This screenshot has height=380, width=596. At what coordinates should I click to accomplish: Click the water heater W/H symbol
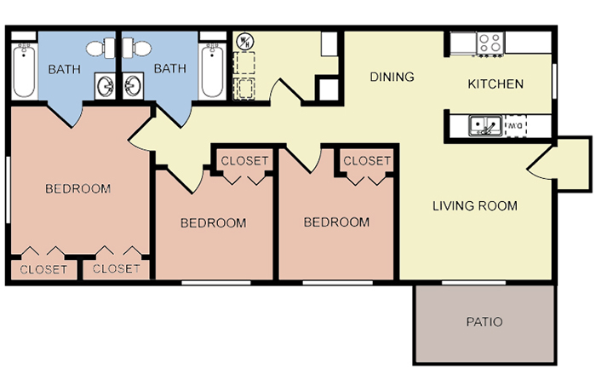coord(244,42)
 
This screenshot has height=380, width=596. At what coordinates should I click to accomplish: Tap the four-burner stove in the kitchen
coord(490,43)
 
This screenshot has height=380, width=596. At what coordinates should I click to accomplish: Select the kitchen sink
coord(484,125)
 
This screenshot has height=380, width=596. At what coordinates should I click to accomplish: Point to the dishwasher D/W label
coord(515,125)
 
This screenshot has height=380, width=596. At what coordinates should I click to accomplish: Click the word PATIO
coord(484,322)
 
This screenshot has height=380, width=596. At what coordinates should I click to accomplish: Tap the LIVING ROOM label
coord(475,206)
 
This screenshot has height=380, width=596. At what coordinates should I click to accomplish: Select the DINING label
coord(392,77)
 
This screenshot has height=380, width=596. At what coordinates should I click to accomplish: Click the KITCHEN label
coord(496,83)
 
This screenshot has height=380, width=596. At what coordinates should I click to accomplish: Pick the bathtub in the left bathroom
coord(24,71)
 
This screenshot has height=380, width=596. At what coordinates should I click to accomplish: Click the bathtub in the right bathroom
coord(212,71)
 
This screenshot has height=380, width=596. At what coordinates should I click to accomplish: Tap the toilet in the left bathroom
coord(100,49)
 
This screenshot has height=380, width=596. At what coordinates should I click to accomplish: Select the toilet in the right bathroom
coord(137,48)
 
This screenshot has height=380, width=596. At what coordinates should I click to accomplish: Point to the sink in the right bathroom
coord(133,86)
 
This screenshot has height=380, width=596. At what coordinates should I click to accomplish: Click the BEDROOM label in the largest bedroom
coord(78,188)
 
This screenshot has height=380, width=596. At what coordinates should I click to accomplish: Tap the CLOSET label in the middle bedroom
coord(244,161)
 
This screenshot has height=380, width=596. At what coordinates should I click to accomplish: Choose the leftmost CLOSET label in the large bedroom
coord(43,269)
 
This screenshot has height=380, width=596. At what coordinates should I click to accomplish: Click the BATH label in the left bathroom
coord(65,69)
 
